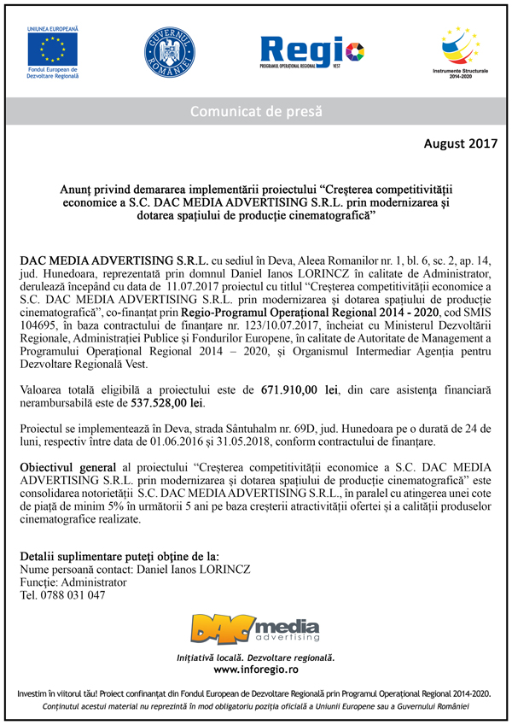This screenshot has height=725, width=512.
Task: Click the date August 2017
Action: point(460,144)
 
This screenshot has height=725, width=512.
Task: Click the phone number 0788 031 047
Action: point(76,594)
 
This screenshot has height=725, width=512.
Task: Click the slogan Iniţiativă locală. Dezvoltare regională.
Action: point(255,658)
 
